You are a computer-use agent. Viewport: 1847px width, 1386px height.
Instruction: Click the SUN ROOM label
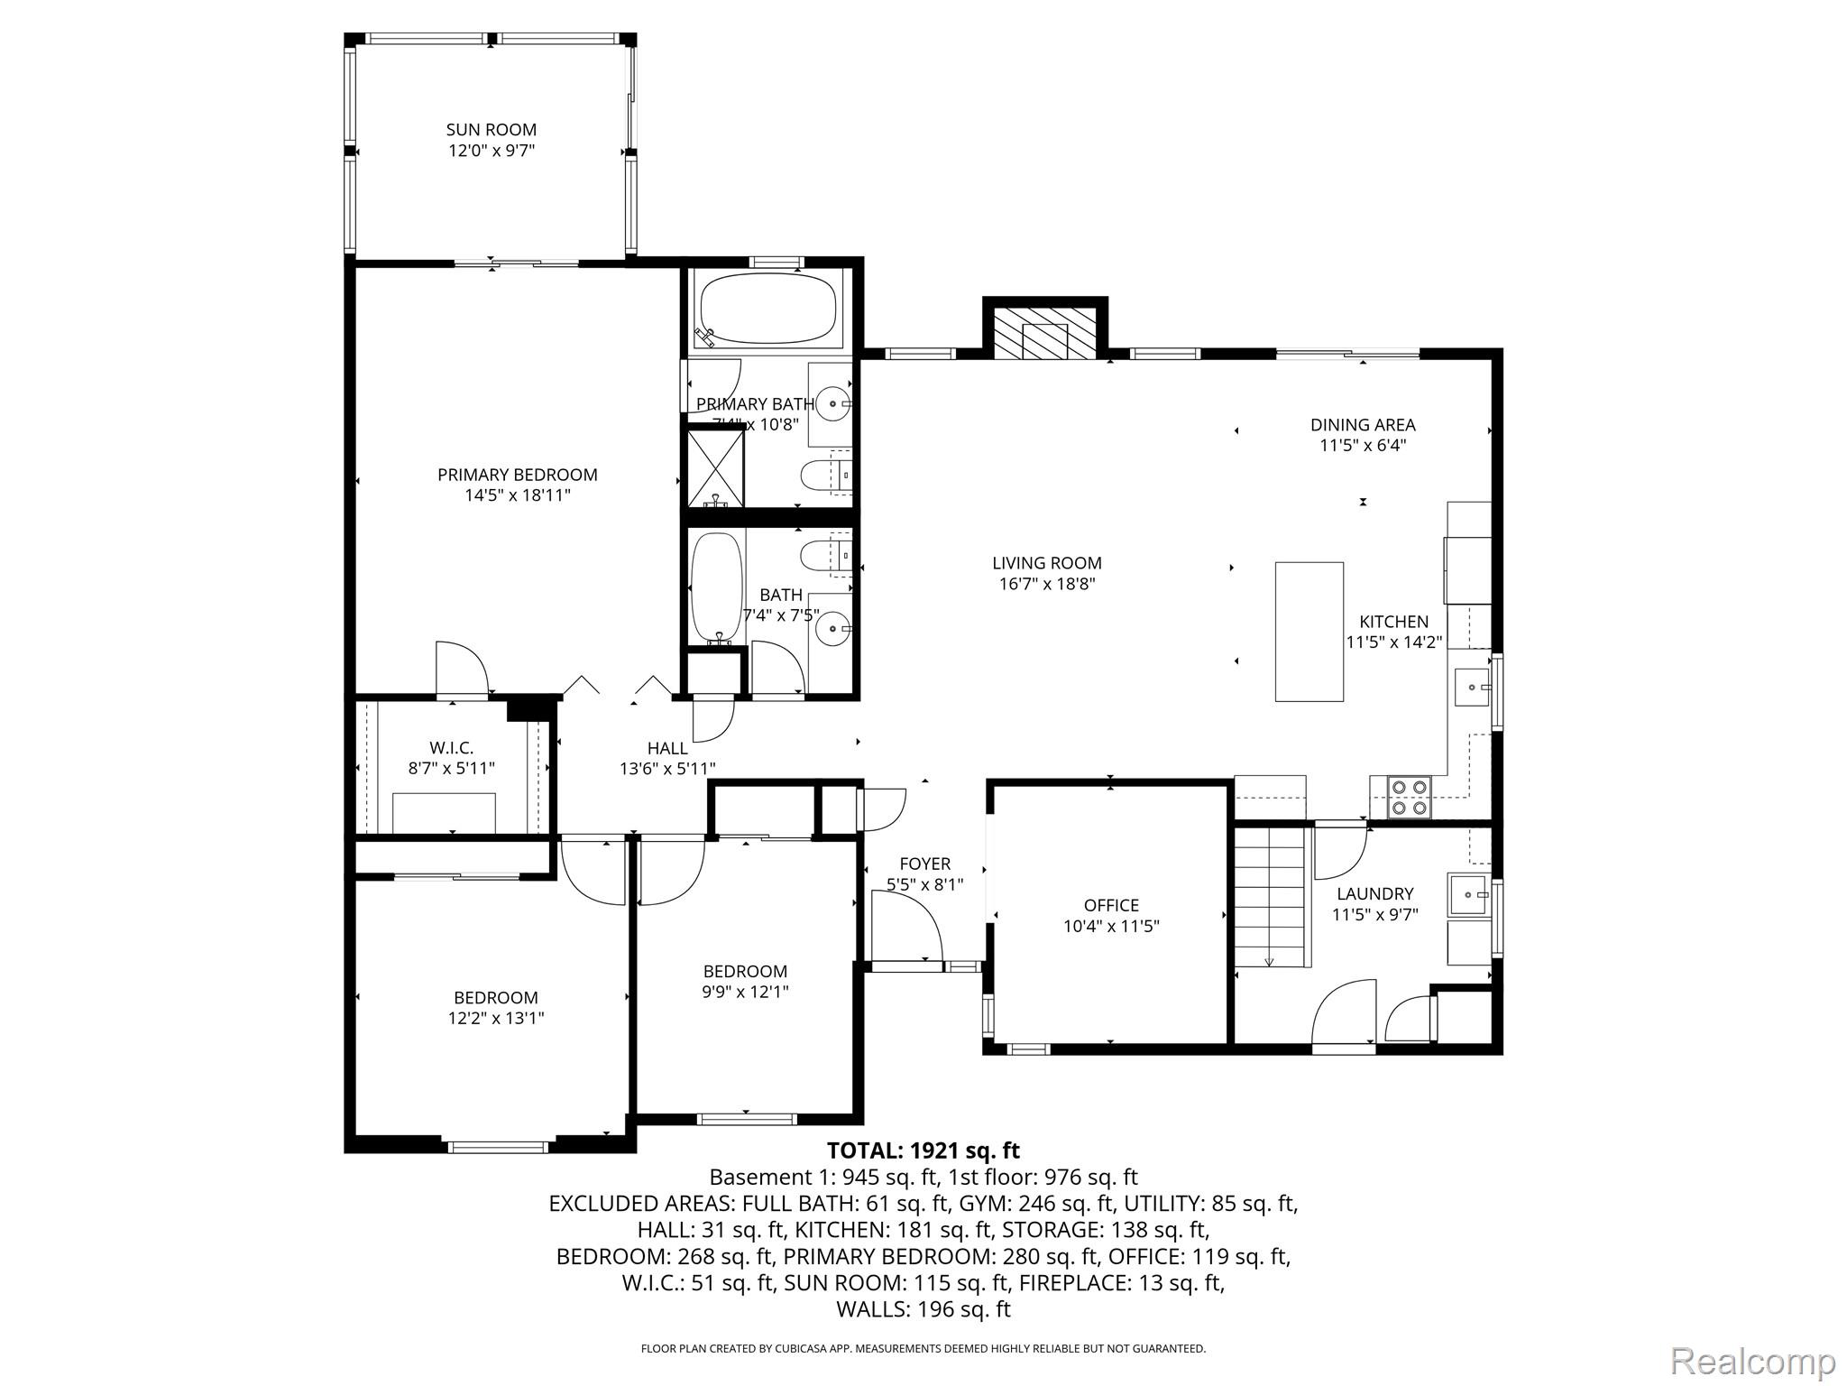492,130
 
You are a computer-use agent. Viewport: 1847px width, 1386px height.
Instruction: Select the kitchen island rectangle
1309,632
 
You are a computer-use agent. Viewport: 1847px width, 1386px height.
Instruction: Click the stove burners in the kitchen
1410,797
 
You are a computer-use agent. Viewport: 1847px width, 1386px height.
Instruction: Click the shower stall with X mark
716,468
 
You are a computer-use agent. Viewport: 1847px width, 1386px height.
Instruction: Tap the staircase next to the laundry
1270,897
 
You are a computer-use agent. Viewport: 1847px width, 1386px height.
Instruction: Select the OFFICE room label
1111,905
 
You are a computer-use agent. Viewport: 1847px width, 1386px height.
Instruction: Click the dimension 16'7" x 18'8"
1046,584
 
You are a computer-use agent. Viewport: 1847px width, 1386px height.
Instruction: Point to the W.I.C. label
451,748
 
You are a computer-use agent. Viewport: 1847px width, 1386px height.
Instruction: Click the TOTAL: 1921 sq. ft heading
923,1150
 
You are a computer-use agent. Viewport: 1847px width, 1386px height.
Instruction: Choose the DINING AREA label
1362,425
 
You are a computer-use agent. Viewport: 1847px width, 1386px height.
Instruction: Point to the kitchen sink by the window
1472,688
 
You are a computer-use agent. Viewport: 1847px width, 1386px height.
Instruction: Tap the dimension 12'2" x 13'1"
496,1019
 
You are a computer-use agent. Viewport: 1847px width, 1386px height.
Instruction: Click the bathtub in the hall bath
717,587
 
